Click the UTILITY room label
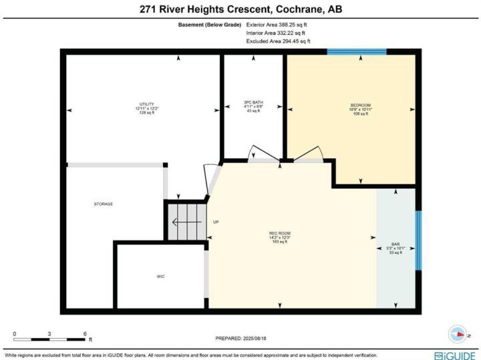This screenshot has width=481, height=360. pyautogui.click(x=146, y=104)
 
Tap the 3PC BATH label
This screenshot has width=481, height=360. pyautogui.click(x=253, y=102)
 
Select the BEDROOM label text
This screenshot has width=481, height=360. pyautogui.click(x=361, y=105)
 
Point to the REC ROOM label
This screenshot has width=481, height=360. pyautogui.click(x=280, y=233)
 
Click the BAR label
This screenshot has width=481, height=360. pyautogui.click(x=395, y=244)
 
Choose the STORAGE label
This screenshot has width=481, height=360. pyautogui.click(x=104, y=204)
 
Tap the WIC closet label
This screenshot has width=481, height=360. pyautogui.click(x=161, y=277)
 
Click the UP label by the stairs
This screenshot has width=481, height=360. pyautogui.click(x=216, y=222)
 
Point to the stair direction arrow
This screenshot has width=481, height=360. pyautogui.click(x=187, y=222)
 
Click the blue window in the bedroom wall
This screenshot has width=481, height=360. pyautogui.click(x=357, y=51)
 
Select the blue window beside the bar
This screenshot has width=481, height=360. pyautogui.click(x=418, y=240)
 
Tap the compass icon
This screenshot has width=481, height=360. pyautogui.click(x=458, y=334)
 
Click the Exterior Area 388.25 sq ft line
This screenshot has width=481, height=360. pyautogui.click(x=277, y=25)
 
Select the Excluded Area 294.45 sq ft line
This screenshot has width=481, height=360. pyautogui.click(x=278, y=41)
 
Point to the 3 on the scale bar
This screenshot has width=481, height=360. pyautogui.click(x=49, y=334)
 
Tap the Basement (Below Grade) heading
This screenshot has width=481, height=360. pyautogui.click(x=210, y=25)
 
